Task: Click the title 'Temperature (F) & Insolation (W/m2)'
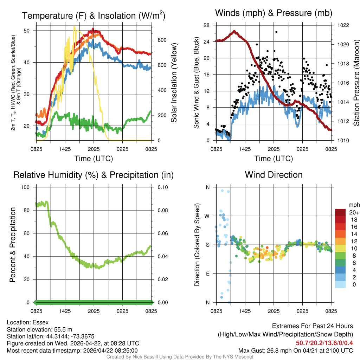(x=94, y=15)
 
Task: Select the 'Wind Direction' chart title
(x=274, y=175)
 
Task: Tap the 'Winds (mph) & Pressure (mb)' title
(x=274, y=13)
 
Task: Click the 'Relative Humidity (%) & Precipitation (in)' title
(x=94, y=175)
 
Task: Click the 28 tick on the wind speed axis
(x=206, y=25)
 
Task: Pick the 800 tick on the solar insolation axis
(x=161, y=40)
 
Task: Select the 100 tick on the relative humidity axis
(x=28, y=187)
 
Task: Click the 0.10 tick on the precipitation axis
(x=162, y=187)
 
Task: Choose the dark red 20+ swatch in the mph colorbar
(x=341, y=212)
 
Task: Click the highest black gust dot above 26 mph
(x=276, y=32)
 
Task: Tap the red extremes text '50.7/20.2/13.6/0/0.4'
(x=324, y=343)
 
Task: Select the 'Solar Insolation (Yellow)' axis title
(x=174, y=83)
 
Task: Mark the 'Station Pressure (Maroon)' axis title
(x=356, y=83)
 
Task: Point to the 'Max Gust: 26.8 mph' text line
(x=295, y=351)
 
